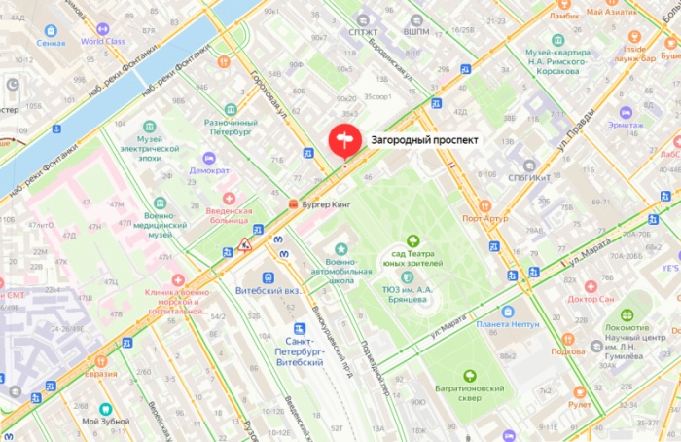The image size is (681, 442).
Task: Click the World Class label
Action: pos(102,41)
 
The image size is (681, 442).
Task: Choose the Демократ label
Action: pos(209,169)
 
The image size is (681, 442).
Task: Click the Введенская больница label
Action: pos(230,216)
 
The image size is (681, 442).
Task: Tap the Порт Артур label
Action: pos(484,218)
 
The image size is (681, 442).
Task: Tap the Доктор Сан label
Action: pos(591,299)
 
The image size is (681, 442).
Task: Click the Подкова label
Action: pos(567,350)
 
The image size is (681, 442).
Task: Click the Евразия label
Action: pos(100,374)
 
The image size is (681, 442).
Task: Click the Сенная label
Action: pos(51,42)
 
